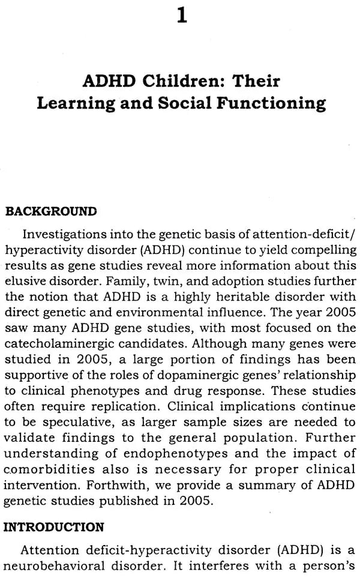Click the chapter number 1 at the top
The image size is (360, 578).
pos(181,14)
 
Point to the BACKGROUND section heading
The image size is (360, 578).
pos(50,211)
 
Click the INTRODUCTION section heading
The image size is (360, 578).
pos(55,528)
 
